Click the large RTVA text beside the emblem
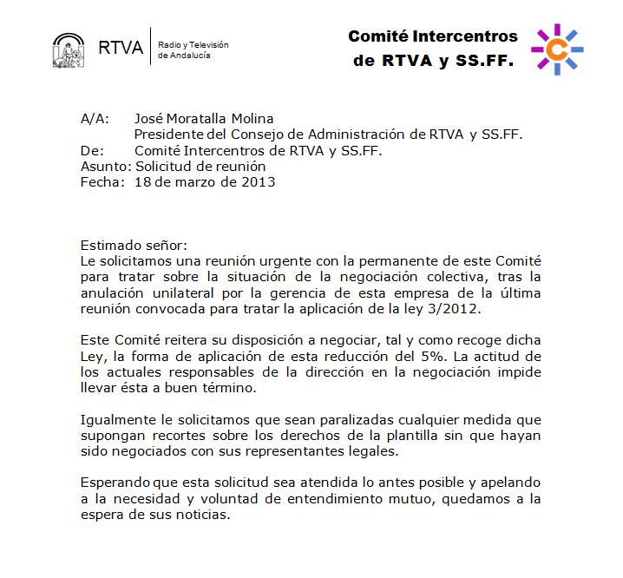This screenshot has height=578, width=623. (x=120, y=48)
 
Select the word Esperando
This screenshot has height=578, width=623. (x=116, y=483)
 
